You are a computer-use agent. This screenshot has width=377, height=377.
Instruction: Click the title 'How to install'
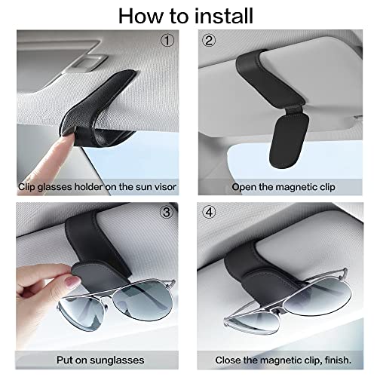click(188, 15)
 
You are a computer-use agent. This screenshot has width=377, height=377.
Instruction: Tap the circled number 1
click(167, 39)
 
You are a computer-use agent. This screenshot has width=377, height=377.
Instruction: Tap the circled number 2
click(208, 39)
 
